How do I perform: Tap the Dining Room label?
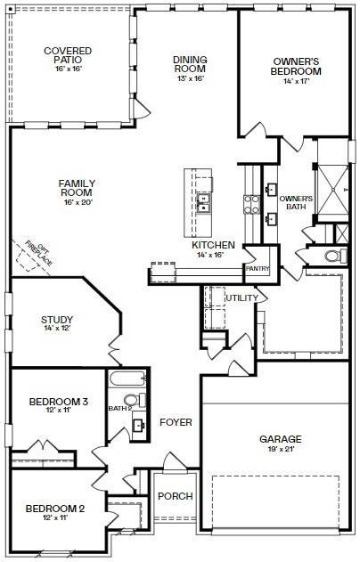(x=190, y=64)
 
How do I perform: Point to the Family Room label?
(x=77, y=189)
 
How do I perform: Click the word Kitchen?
(x=213, y=245)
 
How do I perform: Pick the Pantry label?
(x=258, y=268)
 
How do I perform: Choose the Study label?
(x=56, y=320)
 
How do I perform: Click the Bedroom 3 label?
(x=58, y=403)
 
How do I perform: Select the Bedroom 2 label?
(x=54, y=509)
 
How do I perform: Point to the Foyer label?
(x=176, y=421)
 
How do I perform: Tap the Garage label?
(x=280, y=439)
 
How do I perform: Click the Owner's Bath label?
(x=296, y=203)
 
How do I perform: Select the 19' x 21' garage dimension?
(x=280, y=450)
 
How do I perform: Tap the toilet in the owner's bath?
(x=333, y=257)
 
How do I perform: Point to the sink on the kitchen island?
(x=204, y=205)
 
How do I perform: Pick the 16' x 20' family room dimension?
(x=77, y=202)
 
